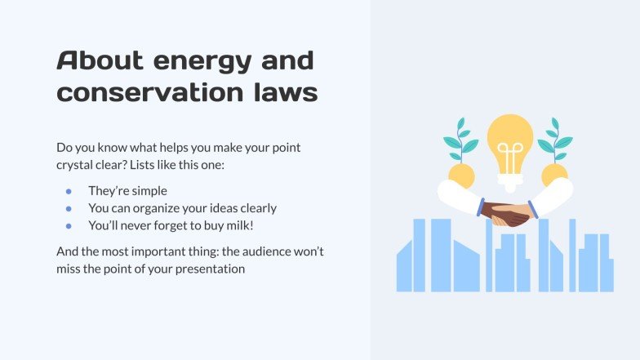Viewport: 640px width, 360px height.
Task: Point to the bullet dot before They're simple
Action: click(x=69, y=190)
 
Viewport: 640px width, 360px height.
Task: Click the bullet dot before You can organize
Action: click(x=69, y=207)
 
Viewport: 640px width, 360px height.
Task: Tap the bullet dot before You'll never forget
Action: click(x=69, y=224)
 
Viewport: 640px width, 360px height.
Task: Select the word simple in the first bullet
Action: click(x=147, y=190)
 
